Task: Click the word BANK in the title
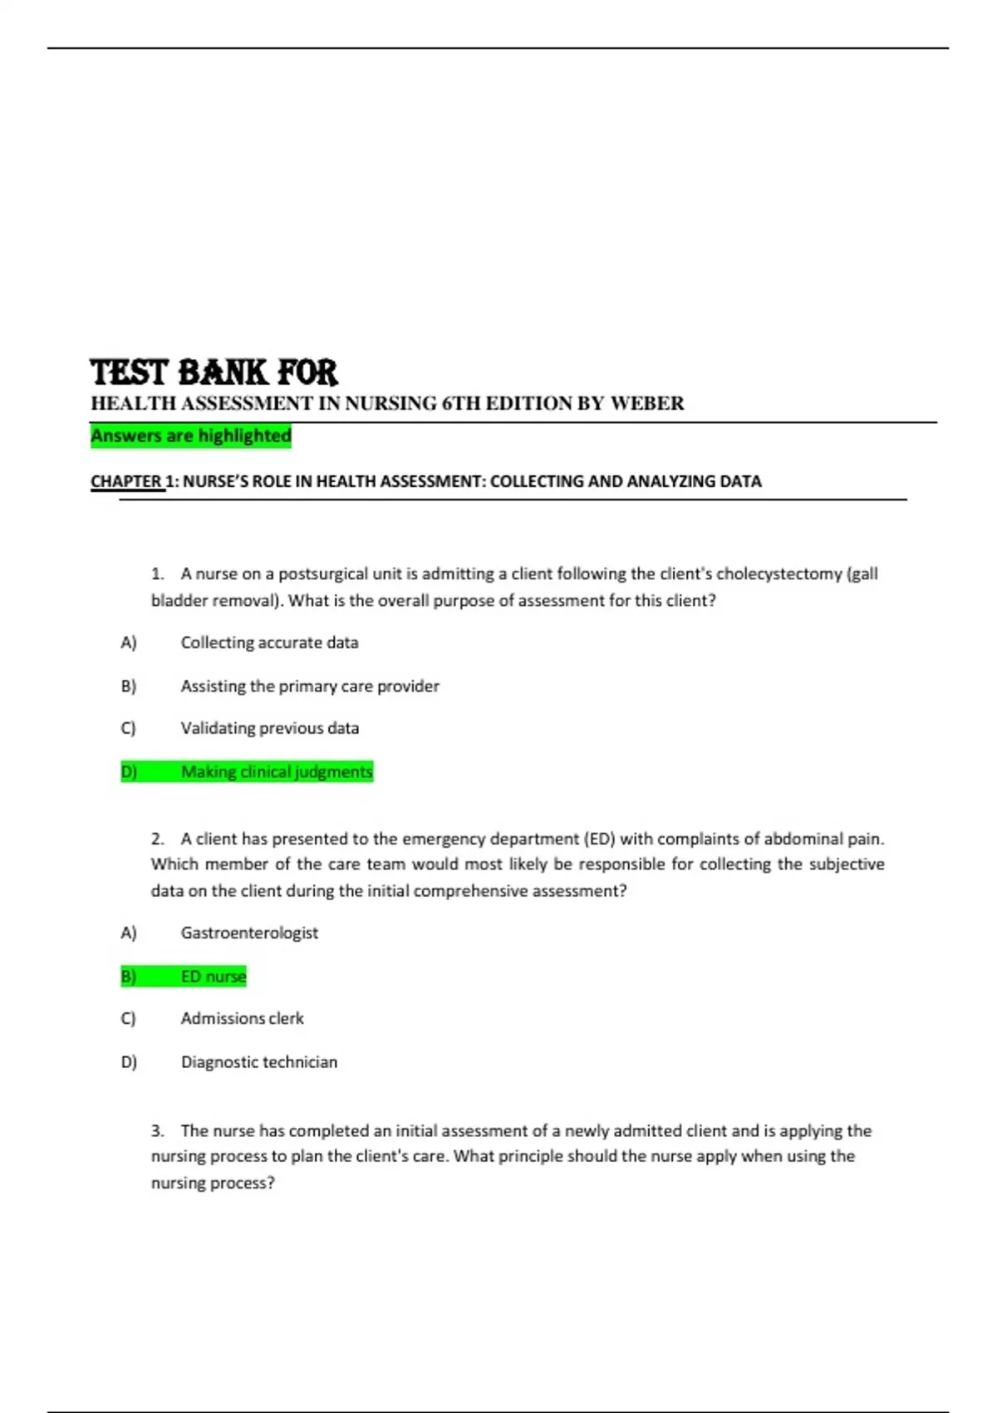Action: tap(223, 372)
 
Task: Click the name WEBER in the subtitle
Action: tap(647, 404)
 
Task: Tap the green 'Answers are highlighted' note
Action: tap(191, 436)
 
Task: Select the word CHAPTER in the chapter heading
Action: tap(126, 481)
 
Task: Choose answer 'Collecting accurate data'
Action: tap(269, 642)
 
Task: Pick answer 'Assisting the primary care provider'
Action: tap(310, 686)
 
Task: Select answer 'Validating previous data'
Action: tap(270, 728)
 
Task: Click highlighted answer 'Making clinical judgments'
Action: tap(277, 772)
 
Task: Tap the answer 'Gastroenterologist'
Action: tap(249, 933)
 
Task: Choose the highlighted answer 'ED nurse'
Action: tap(214, 977)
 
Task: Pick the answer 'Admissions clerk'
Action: tap(243, 1018)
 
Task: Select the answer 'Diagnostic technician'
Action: tap(259, 1062)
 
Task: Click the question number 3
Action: tap(157, 1131)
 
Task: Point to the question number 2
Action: tap(157, 839)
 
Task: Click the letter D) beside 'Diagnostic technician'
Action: tap(129, 1062)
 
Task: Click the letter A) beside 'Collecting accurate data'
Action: tap(129, 642)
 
